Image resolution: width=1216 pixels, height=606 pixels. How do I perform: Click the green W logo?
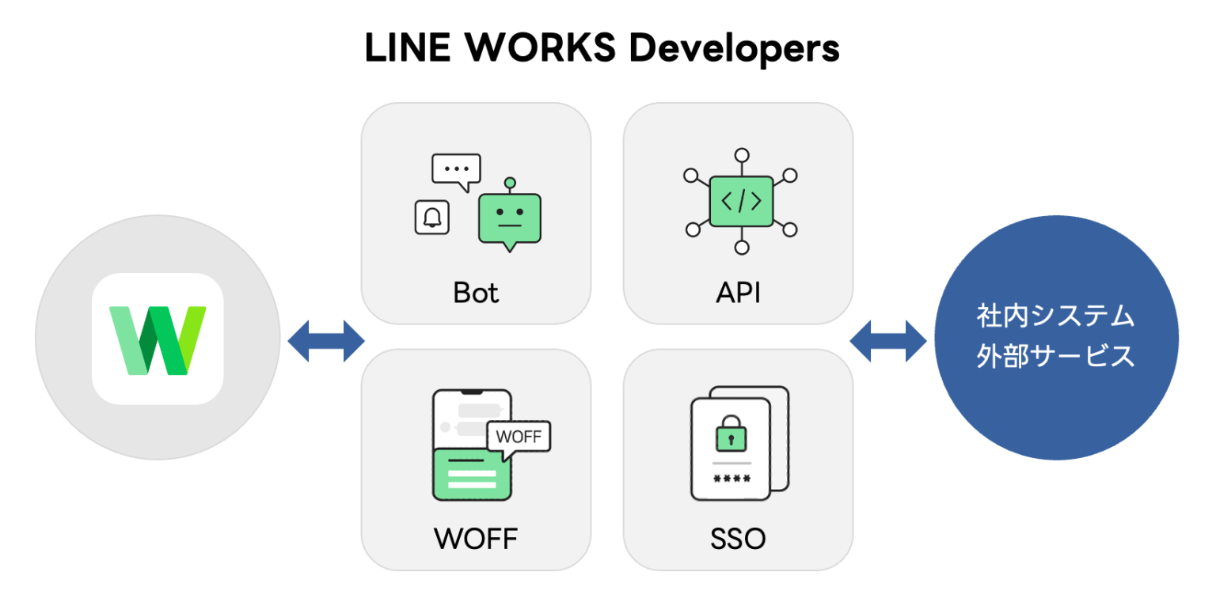158,339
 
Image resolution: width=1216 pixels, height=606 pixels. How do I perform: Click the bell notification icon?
432,217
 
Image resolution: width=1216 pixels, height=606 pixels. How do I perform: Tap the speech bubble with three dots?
456,170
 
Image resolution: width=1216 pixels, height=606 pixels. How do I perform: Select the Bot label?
476,293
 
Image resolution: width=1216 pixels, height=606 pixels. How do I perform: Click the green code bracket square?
741,202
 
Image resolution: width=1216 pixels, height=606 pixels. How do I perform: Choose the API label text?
738,293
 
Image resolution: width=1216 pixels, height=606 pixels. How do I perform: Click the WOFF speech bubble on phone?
518,437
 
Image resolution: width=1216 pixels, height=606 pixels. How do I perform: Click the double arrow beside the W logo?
325,342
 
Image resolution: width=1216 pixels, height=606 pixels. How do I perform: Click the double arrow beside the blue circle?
888,342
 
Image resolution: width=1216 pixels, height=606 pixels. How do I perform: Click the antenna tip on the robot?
510,182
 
